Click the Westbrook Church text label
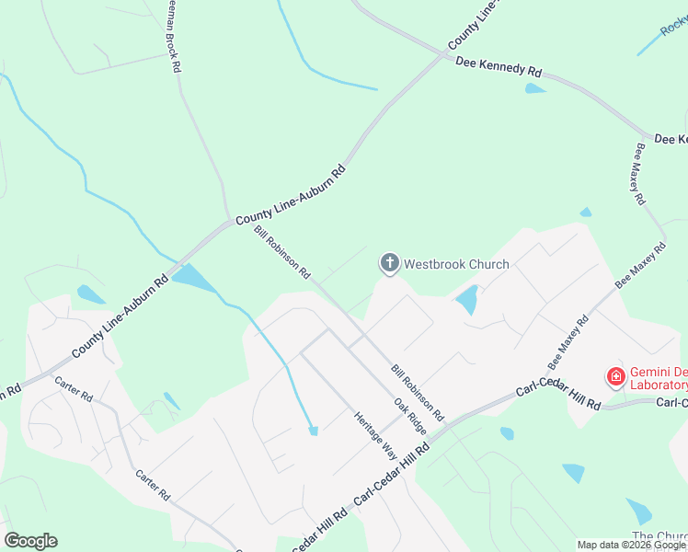click(x=456, y=265)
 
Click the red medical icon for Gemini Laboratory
click(x=615, y=376)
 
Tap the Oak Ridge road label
click(x=410, y=417)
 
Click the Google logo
click(x=30, y=541)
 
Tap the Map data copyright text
click(x=632, y=545)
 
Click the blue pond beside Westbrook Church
click(x=467, y=299)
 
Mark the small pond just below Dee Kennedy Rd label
click(x=534, y=89)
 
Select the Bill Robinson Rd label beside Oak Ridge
click(x=417, y=390)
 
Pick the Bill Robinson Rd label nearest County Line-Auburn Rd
click(x=282, y=252)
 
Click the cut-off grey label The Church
click(x=659, y=536)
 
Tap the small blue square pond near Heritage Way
click(x=314, y=430)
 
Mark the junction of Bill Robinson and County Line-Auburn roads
click(x=232, y=223)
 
